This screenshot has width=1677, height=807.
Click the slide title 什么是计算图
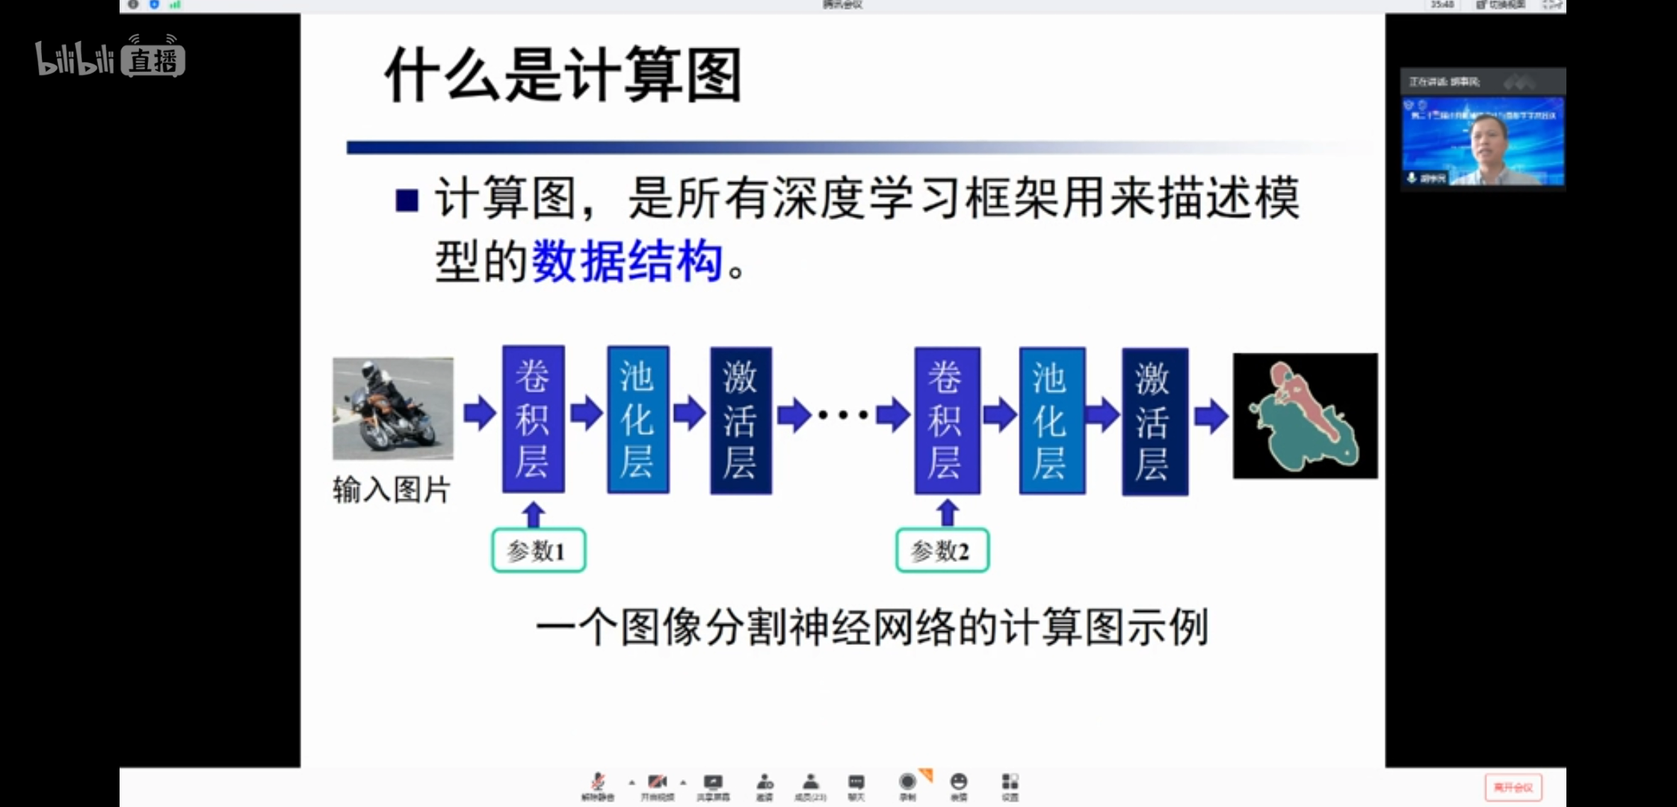click(563, 75)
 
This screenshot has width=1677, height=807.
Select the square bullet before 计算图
click(407, 200)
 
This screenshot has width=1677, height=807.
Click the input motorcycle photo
click(392, 408)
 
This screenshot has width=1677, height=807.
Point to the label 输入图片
click(391, 490)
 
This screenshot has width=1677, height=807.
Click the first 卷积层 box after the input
click(533, 418)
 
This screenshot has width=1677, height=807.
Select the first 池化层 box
click(637, 419)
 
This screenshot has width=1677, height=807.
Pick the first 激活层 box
click(741, 420)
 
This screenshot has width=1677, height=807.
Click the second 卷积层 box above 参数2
click(947, 420)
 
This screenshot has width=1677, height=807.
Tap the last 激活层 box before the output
click(1155, 421)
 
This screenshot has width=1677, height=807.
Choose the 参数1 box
click(538, 551)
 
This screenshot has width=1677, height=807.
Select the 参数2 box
click(942, 551)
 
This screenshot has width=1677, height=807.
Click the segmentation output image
click(1305, 415)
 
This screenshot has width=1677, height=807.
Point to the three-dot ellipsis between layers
click(843, 415)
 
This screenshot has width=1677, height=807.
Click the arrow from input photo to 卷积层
click(479, 413)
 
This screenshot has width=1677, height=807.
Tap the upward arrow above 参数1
click(533, 514)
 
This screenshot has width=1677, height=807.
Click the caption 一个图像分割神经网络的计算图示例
click(871, 627)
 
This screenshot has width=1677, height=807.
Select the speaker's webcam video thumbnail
click(1483, 141)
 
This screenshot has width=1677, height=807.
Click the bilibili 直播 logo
click(111, 58)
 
